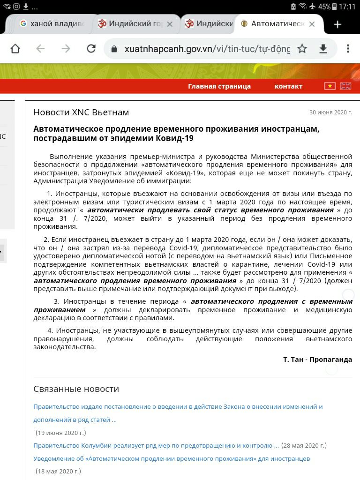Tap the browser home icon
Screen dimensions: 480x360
click(x=15, y=49)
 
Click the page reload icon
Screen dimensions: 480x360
click(x=91, y=49)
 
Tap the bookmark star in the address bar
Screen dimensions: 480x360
click(x=302, y=49)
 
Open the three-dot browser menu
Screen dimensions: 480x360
click(x=348, y=49)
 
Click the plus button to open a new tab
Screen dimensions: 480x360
click(x=337, y=24)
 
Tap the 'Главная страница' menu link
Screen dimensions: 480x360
click(x=219, y=86)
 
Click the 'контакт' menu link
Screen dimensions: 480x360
click(x=288, y=86)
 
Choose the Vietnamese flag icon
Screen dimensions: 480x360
click(x=330, y=86)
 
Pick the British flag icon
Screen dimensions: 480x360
click(x=345, y=86)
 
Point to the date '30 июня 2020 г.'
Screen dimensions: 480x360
click(x=330, y=112)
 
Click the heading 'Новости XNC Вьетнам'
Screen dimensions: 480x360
click(x=81, y=112)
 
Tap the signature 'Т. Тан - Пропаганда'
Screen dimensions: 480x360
click(x=317, y=360)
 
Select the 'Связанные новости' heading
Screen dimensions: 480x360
click(x=76, y=389)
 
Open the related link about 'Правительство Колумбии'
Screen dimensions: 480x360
click(x=156, y=445)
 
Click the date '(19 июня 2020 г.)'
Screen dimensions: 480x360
click(x=61, y=433)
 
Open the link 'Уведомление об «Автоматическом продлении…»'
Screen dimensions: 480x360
click(x=172, y=458)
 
